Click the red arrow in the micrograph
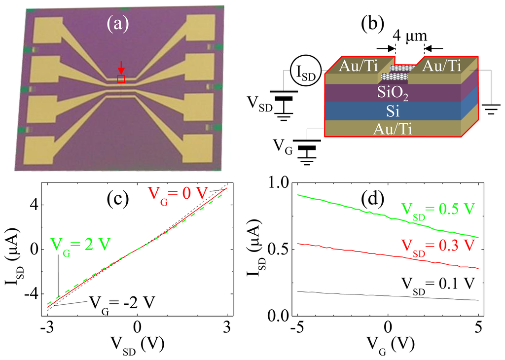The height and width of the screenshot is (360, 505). click(121, 68)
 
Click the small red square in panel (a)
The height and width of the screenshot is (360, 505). click(121, 79)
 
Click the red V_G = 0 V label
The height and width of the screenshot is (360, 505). click(176, 192)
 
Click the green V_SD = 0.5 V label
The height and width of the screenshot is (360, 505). click(436, 209)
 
